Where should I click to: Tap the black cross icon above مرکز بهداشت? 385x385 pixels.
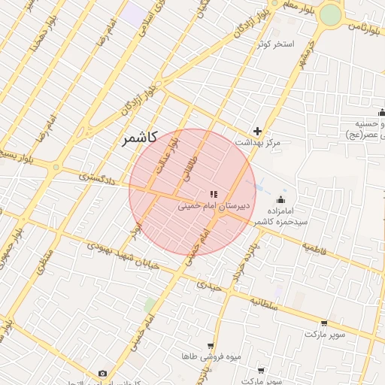(x=258, y=131)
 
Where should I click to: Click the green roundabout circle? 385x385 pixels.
(x=330, y=15)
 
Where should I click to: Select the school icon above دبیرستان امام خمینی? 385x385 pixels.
(x=214, y=194)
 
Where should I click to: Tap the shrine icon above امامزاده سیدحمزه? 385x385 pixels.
(x=281, y=199)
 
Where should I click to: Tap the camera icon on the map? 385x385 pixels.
(x=103, y=373)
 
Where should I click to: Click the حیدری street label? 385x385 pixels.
(x=210, y=285)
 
